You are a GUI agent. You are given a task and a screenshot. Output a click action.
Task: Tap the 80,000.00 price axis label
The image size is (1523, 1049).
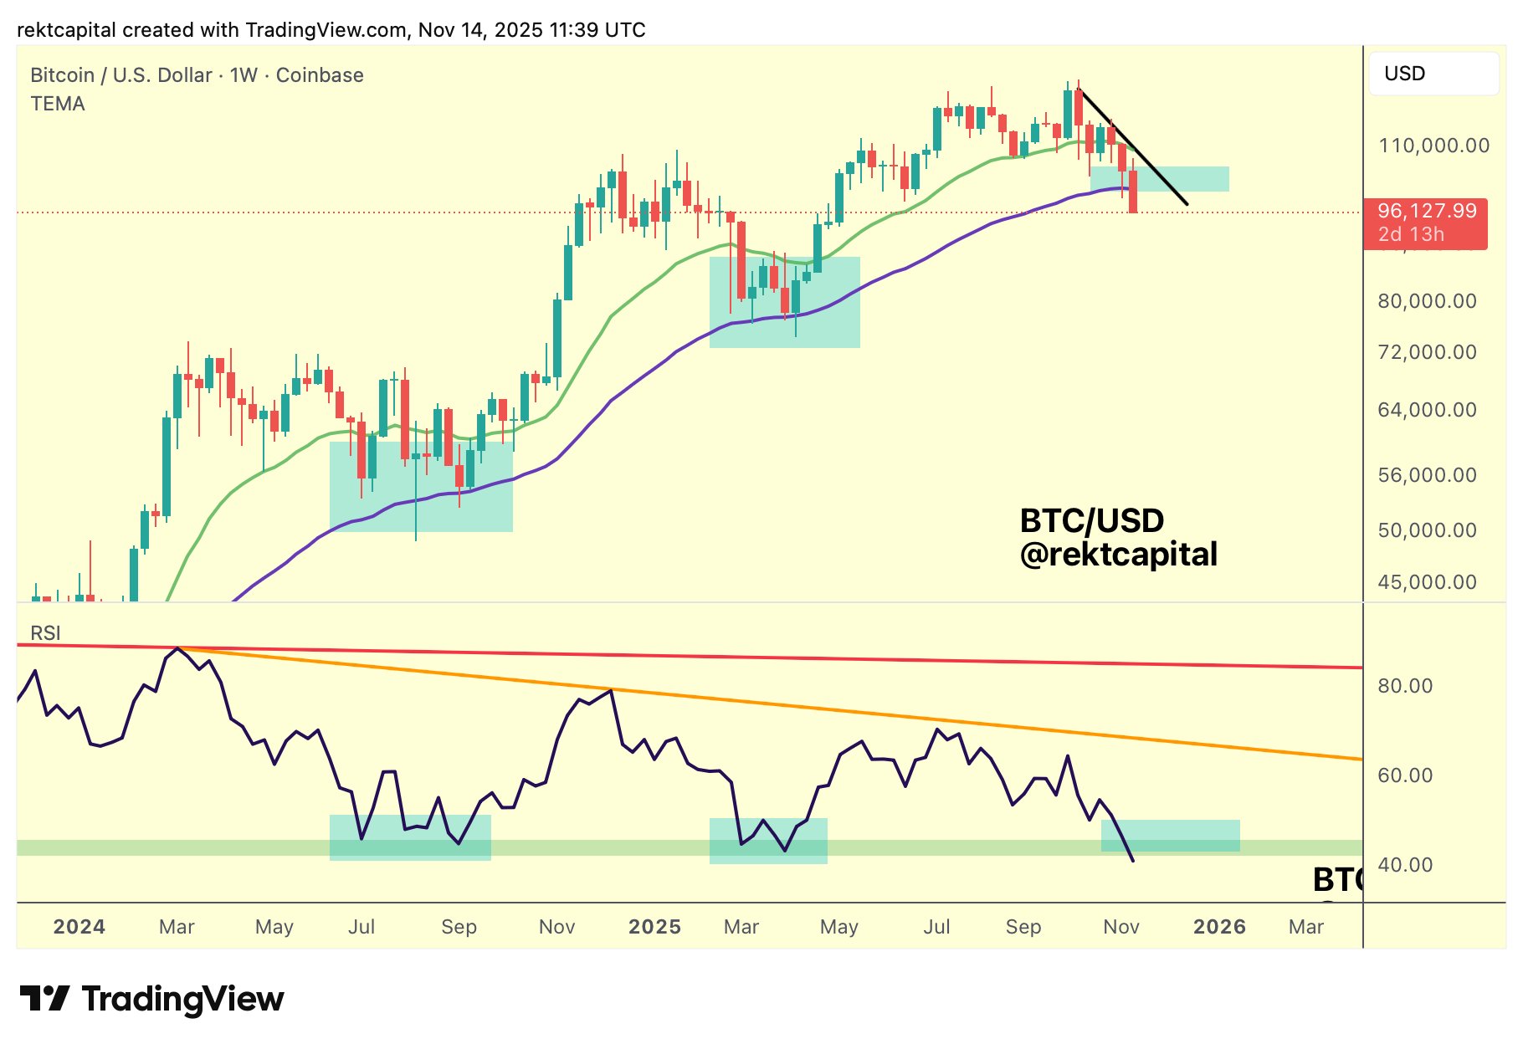point(1427,301)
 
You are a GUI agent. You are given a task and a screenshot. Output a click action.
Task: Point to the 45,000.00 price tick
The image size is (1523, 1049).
point(1427,582)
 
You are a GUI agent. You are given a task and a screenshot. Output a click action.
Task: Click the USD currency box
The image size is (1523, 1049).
point(1433,74)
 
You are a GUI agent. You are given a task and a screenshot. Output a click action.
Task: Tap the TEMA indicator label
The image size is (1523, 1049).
point(58,104)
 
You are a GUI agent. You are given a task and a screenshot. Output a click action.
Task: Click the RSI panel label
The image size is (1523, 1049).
point(45,633)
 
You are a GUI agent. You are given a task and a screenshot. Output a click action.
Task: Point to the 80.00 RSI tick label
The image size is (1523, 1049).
point(1405,686)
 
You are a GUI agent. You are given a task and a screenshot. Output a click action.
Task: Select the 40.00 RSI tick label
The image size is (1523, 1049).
point(1405,865)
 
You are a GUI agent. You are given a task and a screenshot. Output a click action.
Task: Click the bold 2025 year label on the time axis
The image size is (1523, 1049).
point(654,927)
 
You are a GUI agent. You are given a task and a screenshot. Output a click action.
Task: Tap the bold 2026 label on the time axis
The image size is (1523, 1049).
point(1219,927)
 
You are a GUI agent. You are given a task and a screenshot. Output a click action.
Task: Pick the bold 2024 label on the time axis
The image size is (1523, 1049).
point(79,927)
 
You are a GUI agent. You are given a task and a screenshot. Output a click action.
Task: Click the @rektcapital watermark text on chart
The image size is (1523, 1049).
point(1118,555)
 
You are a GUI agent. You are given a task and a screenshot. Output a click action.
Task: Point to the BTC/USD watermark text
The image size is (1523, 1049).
point(1091,521)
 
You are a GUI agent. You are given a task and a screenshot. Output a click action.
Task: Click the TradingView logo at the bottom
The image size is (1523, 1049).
point(151,999)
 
